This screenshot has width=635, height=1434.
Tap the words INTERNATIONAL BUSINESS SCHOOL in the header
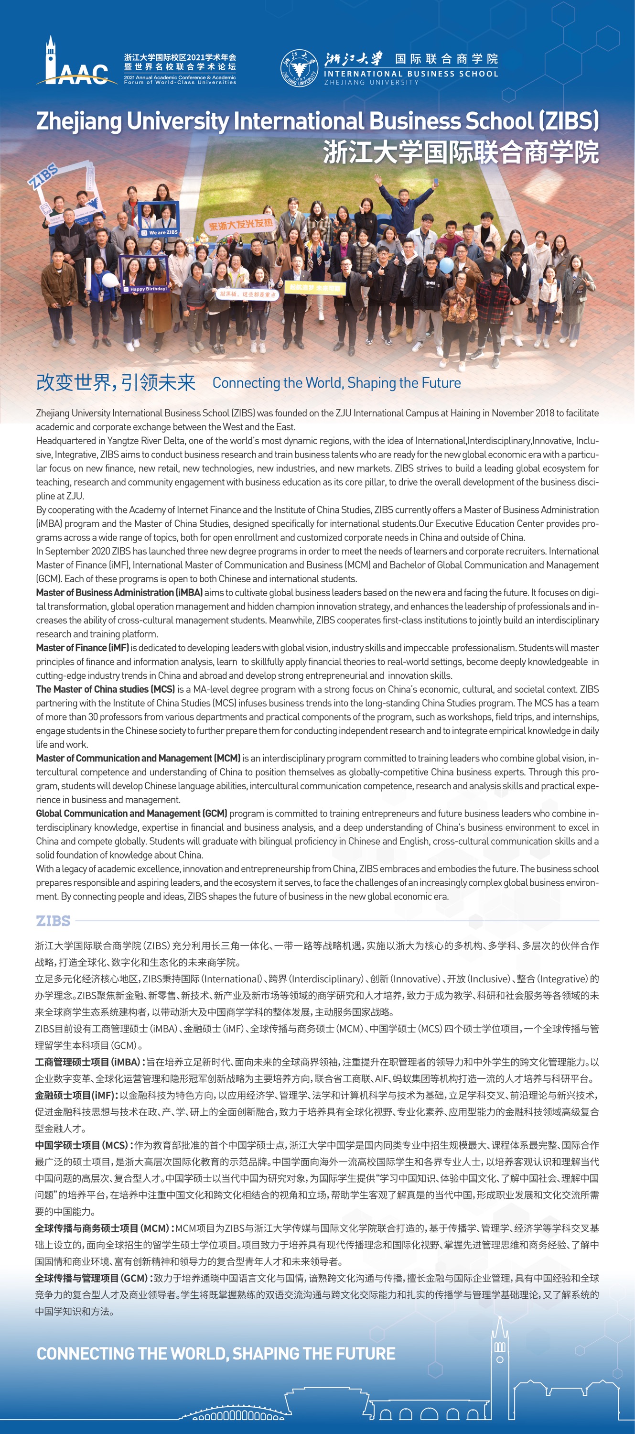point(411,74)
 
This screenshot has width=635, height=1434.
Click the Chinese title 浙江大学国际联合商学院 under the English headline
point(460,152)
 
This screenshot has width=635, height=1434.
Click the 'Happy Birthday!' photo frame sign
point(144,275)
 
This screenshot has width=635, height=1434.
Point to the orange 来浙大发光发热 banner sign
point(240,225)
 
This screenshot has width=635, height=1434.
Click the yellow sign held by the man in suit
point(315,288)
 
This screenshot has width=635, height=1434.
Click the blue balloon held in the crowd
point(446,265)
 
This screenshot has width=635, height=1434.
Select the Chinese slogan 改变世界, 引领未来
point(116,382)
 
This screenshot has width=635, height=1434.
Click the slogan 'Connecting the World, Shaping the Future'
point(336,383)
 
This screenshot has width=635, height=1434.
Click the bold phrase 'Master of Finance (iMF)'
point(82,647)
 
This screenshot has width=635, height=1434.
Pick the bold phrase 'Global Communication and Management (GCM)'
point(131,813)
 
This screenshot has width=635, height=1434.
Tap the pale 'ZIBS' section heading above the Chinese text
point(53,921)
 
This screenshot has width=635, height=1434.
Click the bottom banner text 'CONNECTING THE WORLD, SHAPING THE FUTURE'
point(216,1354)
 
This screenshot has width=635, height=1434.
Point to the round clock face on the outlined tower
point(500,1359)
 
